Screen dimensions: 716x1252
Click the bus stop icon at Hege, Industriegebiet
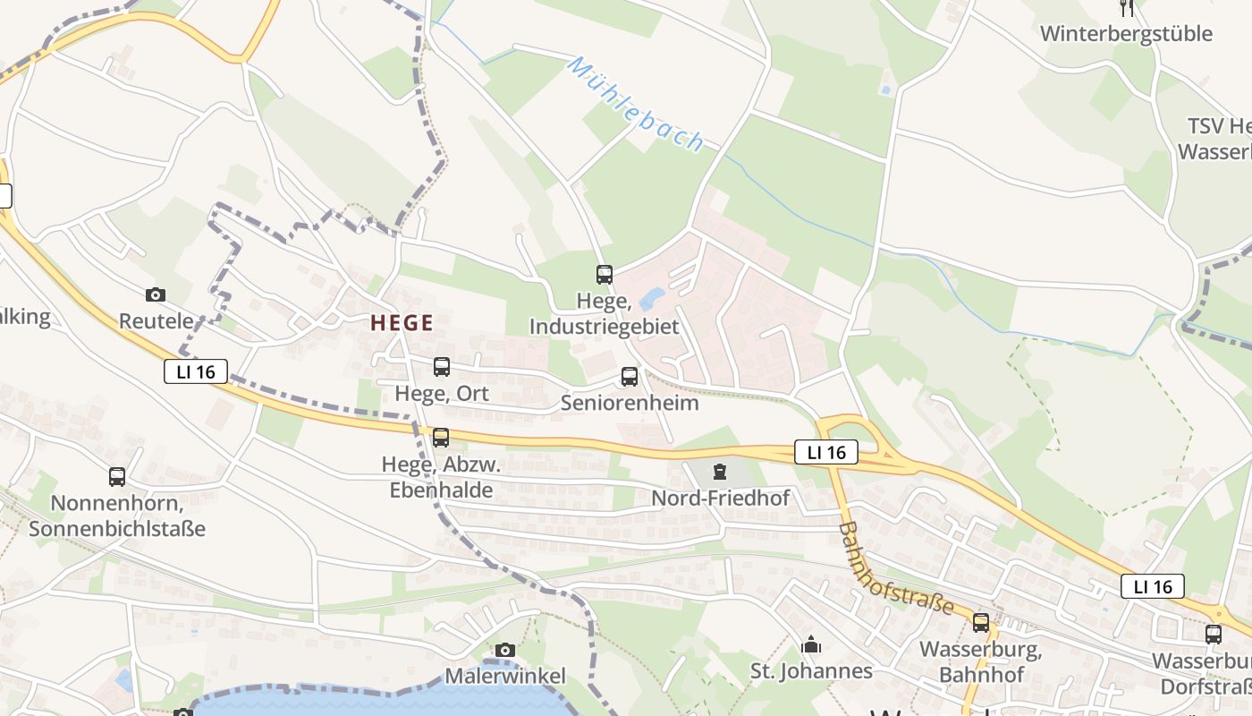[x=605, y=275]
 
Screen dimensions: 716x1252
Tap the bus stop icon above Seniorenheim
[x=630, y=377]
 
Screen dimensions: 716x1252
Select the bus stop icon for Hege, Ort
[x=442, y=366]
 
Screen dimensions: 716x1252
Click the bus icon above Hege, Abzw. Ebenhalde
[x=440, y=438]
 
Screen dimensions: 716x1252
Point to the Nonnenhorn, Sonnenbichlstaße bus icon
[x=117, y=477]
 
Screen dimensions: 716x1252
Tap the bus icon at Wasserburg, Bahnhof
[x=981, y=623]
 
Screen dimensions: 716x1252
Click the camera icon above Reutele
[x=156, y=294]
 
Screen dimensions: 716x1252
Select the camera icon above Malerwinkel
[x=505, y=650]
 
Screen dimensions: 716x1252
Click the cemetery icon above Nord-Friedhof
[x=720, y=472]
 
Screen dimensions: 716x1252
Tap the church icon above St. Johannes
[x=811, y=644]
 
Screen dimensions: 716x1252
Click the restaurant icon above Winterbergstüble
[x=1127, y=8]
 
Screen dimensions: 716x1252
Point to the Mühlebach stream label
[x=636, y=105]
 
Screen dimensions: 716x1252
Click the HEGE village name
[x=402, y=323]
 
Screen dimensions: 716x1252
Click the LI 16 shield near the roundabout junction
[x=826, y=453]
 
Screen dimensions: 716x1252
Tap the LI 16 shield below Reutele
[x=196, y=371]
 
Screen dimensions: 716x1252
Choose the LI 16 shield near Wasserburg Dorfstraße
[x=1153, y=586]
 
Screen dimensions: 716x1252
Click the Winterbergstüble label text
[x=1126, y=34]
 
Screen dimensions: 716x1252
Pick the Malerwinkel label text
[x=505, y=676]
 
